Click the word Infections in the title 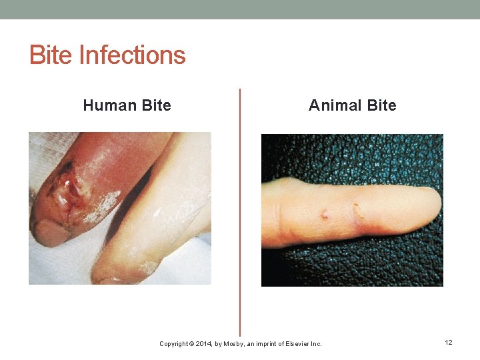coord(132,55)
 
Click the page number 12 coord(449,343)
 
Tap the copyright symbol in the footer coord(191,344)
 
